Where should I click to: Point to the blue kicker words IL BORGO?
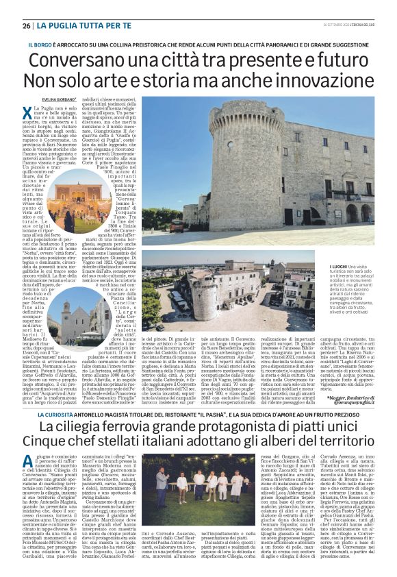point(40,44)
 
